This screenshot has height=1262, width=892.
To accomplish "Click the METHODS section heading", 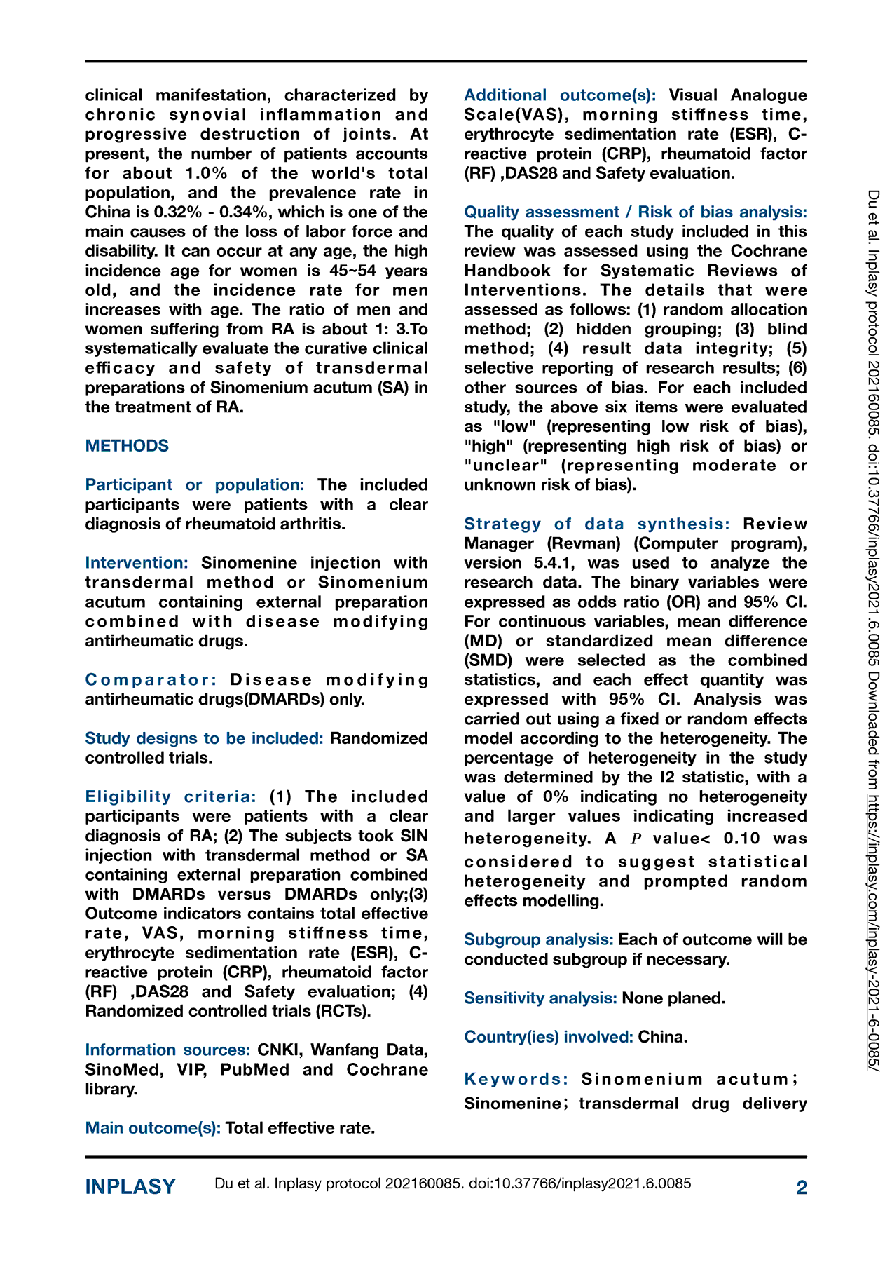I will point(127,446).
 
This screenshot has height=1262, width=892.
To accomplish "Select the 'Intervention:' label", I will point(137,563).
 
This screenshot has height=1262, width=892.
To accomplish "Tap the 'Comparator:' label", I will point(151,680).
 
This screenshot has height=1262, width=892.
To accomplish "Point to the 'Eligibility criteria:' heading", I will point(171,797).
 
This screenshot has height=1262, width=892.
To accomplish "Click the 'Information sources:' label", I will point(167,1050).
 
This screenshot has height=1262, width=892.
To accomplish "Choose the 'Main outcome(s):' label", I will point(153,1128).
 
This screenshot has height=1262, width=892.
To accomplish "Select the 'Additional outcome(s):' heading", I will point(560,95).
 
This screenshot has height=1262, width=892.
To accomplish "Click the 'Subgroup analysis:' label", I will point(539,940).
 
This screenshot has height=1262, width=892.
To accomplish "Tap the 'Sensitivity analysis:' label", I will point(540,998).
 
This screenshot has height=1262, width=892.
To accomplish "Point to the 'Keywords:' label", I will point(516,1079).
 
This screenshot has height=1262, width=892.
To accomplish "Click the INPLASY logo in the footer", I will point(130,1187).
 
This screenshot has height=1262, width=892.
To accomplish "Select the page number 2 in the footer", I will point(802,1188).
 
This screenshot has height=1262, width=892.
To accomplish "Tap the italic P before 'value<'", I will point(636,839).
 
